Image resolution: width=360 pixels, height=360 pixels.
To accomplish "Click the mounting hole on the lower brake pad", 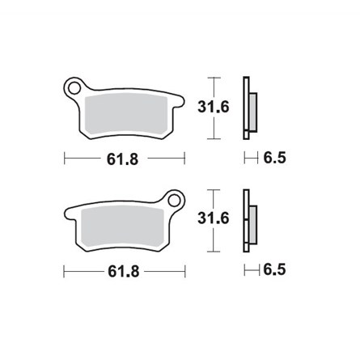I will tap(172, 198).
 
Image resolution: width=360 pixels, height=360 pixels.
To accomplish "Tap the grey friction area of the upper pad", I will tap(125, 112).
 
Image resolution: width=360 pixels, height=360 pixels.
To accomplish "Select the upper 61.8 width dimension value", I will tap(125, 159).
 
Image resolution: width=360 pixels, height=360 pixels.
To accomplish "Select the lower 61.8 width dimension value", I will tap(125, 272).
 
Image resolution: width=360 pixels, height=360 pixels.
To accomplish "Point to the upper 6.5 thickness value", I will tap(275, 159).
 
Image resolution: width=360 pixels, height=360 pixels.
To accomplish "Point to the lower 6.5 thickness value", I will tap(275, 272).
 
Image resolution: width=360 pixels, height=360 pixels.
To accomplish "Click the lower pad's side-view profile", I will tap(248, 220).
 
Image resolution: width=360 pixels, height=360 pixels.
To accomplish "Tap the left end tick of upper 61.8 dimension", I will tap(65, 159).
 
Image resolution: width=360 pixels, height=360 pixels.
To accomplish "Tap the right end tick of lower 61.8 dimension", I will tap(185, 272).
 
